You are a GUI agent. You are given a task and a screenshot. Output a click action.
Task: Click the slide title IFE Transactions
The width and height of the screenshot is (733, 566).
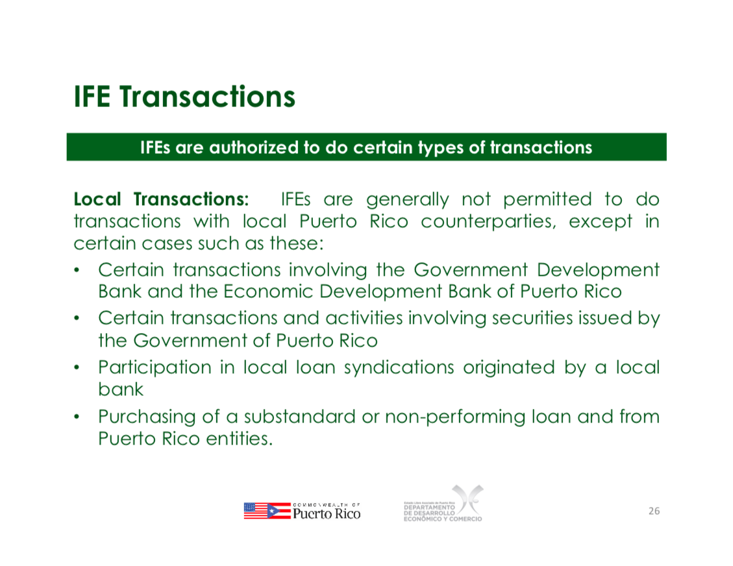(184, 97)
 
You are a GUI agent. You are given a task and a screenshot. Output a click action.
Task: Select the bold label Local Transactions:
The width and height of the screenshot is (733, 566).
(161, 199)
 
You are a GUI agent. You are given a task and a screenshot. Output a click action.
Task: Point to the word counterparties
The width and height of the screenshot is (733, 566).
(489, 221)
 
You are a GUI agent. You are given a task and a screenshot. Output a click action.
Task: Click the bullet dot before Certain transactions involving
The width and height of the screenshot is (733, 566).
(77, 271)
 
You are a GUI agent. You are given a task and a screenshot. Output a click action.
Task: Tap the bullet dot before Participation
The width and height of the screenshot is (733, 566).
(77, 368)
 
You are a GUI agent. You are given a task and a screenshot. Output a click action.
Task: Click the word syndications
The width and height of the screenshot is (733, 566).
(399, 368)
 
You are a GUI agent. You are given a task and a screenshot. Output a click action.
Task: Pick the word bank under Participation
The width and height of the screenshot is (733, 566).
(121, 389)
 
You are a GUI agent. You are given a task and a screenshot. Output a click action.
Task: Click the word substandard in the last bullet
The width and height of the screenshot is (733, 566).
(300, 417)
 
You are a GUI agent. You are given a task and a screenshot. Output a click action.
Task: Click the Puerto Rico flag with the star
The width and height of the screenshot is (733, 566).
(279, 511)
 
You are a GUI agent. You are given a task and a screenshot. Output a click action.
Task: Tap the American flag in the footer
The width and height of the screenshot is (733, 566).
(255, 511)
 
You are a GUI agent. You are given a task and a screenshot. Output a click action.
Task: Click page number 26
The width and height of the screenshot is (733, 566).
(654, 511)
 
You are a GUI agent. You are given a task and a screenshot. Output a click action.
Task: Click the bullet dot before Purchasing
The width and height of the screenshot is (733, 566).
(77, 417)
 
